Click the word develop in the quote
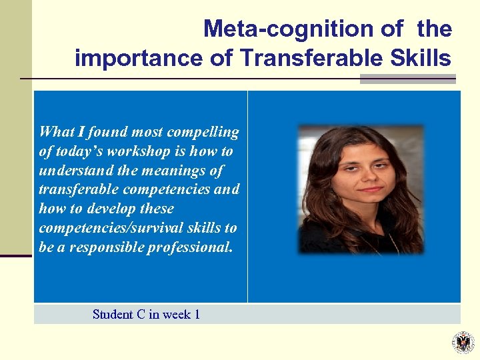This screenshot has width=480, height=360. (x=114, y=209)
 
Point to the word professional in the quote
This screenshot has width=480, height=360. (x=201, y=247)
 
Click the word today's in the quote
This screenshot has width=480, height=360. (x=75, y=151)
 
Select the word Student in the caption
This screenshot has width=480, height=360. (x=113, y=314)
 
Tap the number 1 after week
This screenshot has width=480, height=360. (x=197, y=314)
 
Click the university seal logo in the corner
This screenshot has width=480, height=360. (x=463, y=342)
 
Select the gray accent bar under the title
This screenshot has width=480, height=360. (x=407, y=79)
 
